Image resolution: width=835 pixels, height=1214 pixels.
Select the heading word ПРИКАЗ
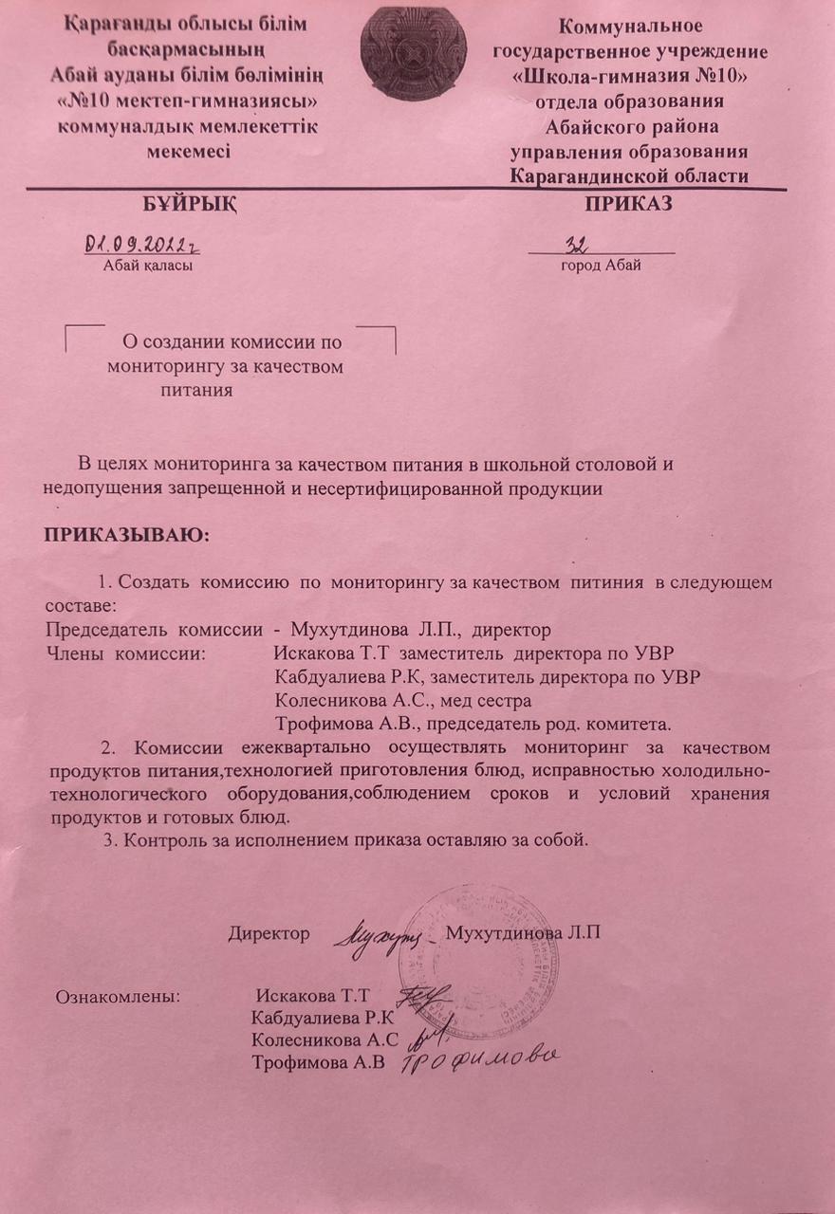(x=628, y=204)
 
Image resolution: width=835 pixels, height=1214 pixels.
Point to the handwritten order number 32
(x=576, y=245)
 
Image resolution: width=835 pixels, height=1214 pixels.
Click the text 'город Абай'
(x=601, y=266)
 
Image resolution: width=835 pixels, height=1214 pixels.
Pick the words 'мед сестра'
(x=490, y=701)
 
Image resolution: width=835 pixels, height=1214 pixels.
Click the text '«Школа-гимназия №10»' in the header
(x=629, y=77)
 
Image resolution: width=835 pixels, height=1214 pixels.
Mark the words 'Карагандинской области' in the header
(x=629, y=175)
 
